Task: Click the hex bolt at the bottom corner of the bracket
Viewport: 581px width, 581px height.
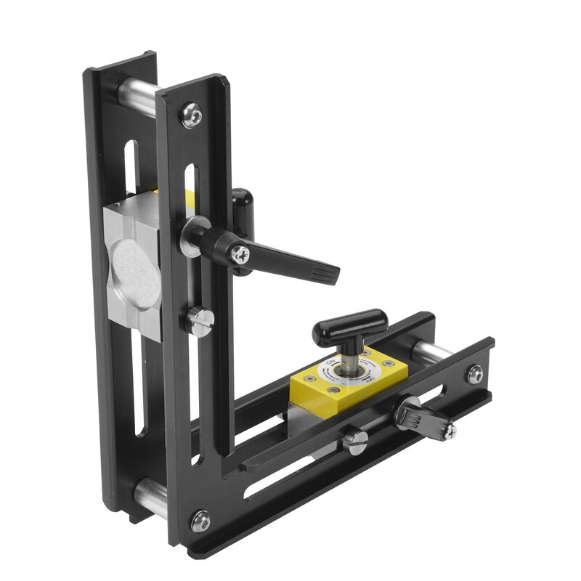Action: click(x=200, y=520)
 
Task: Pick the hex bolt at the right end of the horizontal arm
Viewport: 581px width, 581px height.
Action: click(x=474, y=374)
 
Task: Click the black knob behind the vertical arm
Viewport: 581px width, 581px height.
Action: click(x=242, y=200)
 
